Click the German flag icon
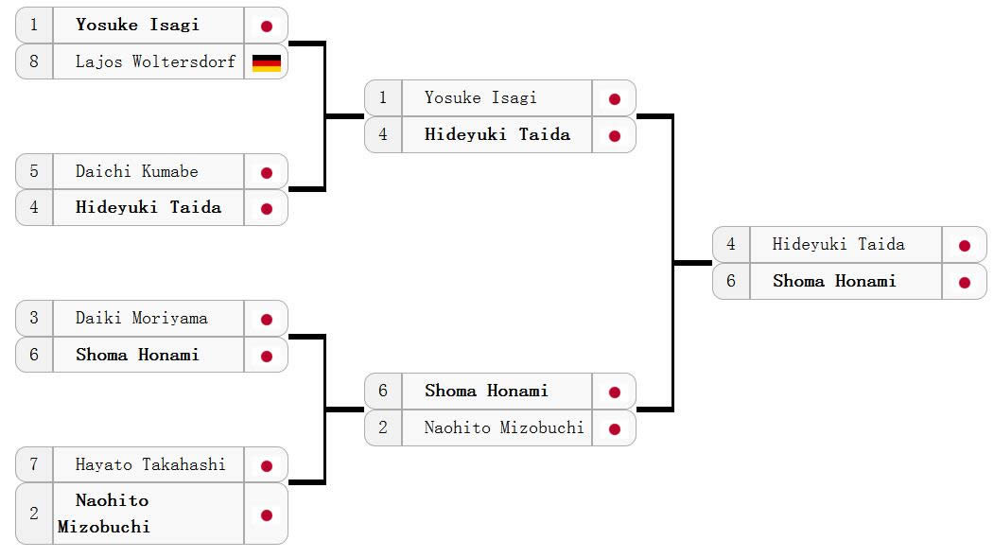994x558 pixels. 266,62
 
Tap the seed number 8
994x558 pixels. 34,62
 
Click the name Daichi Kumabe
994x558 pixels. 137,172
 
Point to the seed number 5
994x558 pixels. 34,172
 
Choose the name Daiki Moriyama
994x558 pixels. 141,319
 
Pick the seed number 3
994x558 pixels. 34,319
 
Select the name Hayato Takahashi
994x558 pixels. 150,465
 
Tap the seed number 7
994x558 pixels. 34,465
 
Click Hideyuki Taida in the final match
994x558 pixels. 838,245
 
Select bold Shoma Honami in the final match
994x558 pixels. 834,282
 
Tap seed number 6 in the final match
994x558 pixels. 731,282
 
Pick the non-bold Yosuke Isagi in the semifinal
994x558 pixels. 480,98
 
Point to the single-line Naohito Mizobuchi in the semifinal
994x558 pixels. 503,428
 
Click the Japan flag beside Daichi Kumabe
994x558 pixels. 266,173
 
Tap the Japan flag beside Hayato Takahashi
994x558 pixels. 266,466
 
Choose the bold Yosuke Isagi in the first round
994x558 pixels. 137,26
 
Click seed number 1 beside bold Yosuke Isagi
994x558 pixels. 34,26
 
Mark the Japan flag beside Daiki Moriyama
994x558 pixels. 266,320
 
